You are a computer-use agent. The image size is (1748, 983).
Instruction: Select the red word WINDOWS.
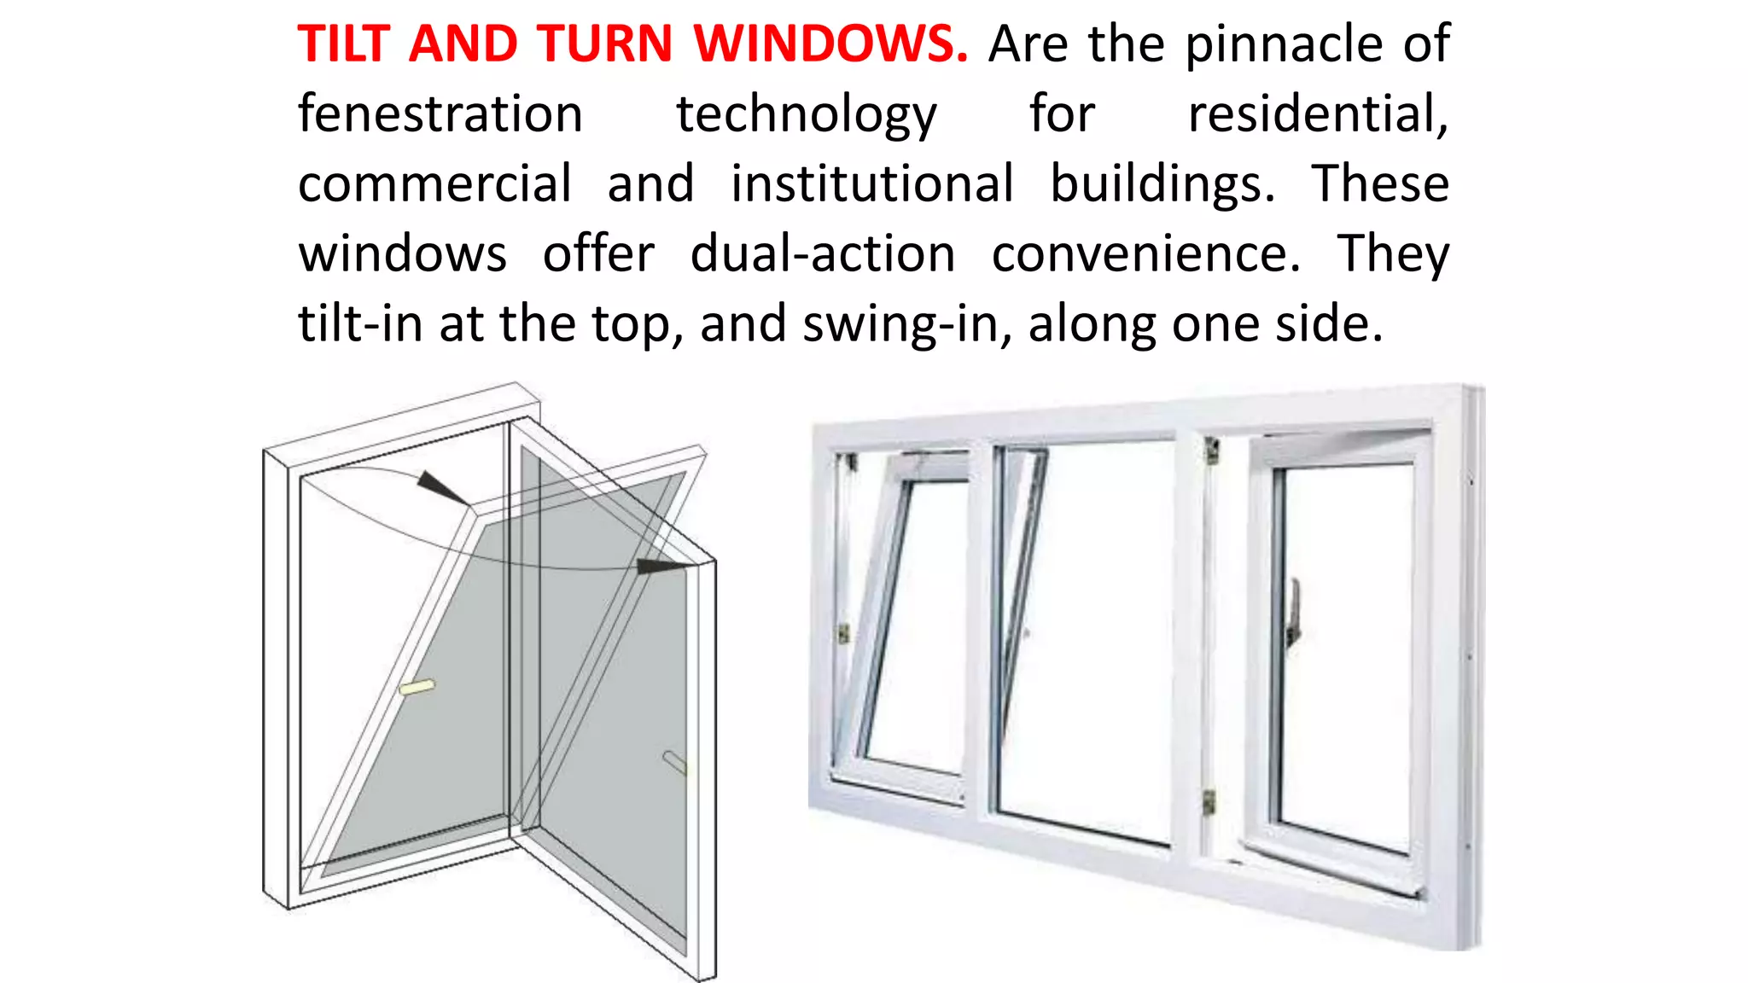click(x=830, y=44)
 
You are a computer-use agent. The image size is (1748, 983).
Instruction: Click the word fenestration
click(x=440, y=113)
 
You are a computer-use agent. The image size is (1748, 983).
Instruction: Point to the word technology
click(x=807, y=115)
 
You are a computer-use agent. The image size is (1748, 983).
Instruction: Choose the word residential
click(x=1318, y=113)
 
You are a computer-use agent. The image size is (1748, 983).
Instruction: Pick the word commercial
click(x=434, y=183)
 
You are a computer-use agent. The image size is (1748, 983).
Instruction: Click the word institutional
click(x=872, y=183)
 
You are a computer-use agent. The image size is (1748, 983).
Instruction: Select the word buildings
click(x=1162, y=185)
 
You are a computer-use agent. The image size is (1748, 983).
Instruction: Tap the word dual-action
click(x=823, y=253)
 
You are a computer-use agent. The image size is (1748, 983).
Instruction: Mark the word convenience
click(x=1146, y=253)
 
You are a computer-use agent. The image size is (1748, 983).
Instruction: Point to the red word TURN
click(x=605, y=44)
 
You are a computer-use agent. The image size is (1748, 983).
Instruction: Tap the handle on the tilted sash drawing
click(x=417, y=687)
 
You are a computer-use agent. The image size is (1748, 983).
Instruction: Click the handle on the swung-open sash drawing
click(x=674, y=761)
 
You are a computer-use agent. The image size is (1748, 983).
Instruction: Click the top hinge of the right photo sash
click(x=1211, y=450)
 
